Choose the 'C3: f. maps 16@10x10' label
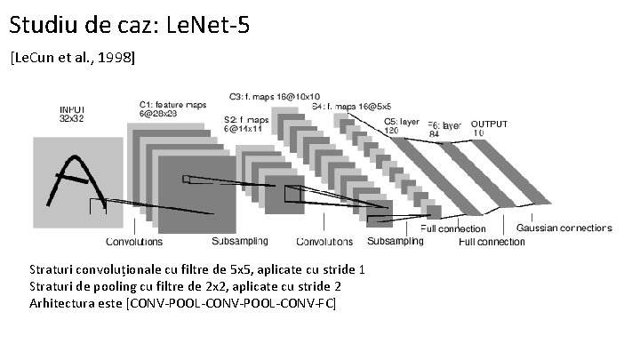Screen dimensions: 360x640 click(x=275, y=96)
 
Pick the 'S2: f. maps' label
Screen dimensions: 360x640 click(x=245, y=118)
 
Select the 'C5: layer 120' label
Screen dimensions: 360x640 click(x=402, y=124)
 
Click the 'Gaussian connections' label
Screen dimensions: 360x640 click(x=564, y=228)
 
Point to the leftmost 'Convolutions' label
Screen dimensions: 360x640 click(x=134, y=242)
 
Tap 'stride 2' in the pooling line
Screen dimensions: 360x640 click(x=318, y=286)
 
